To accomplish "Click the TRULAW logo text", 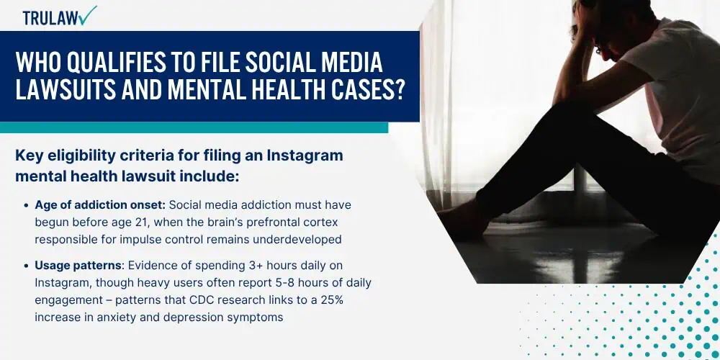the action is pyautogui.click(x=50, y=18).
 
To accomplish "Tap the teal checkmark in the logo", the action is pyautogui.click(x=87, y=16).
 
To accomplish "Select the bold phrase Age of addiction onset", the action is pyautogui.click(x=100, y=204).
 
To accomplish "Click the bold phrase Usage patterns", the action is pyautogui.click(x=78, y=266).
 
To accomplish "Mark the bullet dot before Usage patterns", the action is pyautogui.click(x=26, y=266).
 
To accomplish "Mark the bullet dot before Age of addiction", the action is pyautogui.click(x=26, y=205).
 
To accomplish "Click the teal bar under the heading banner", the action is pyautogui.click(x=194, y=127).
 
